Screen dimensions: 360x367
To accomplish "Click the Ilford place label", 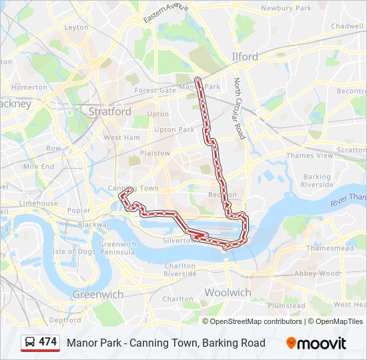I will (x=244, y=57).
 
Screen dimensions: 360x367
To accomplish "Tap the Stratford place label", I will (x=109, y=112).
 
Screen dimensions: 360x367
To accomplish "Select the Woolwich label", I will (x=228, y=293).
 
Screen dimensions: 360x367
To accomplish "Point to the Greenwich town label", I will (x=97, y=294).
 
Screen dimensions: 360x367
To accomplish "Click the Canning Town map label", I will (x=133, y=189).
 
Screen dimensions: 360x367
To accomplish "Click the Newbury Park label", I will (x=286, y=8).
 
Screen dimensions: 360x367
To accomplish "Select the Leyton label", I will (x=76, y=27).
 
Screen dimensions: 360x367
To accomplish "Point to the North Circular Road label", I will (x=239, y=109).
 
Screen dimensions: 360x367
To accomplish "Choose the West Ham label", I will (x=121, y=137).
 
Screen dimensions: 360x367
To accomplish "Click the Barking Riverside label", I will (x=317, y=181).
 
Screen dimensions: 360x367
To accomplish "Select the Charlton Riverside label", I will (x=179, y=269).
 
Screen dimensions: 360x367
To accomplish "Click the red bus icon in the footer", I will (x=30, y=343).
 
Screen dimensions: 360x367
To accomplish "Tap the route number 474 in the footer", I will (x=48, y=342).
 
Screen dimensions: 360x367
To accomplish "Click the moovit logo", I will (x=316, y=343).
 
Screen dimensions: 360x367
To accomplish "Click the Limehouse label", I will (x=39, y=203).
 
